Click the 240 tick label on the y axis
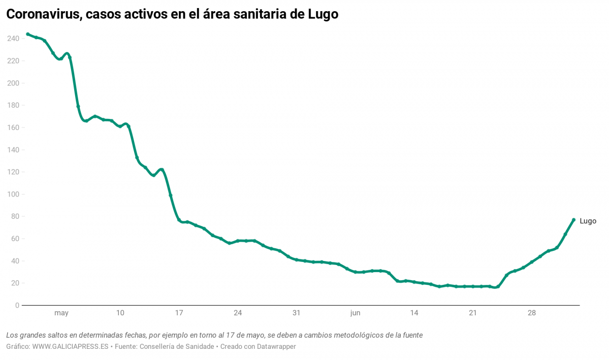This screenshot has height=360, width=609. tap(13, 39)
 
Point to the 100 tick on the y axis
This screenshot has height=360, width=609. tap(13, 194)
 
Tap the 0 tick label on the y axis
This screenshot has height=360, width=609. tap(17, 306)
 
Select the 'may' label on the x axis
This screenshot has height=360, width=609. tap(61, 313)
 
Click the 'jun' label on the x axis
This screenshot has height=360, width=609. tap(355, 313)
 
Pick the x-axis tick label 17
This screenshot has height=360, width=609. tap(179, 313)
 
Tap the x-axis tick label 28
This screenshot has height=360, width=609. tap(531, 313)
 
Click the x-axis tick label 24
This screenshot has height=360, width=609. tap(238, 313)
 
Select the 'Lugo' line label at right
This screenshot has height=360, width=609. tap(588, 221)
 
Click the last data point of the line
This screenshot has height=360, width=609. tap(573, 220)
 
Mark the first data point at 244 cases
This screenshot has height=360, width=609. tap(27, 34)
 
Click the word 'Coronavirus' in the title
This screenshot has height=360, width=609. tap(42, 15)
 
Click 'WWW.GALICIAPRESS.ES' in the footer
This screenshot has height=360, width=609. tap(71, 347)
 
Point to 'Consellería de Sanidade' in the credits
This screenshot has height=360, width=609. tap(176, 347)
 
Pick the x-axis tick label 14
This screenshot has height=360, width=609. tap(414, 313)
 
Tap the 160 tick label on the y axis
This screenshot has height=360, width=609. tap(13, 128)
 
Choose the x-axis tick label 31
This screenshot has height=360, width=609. tap(297, 313)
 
